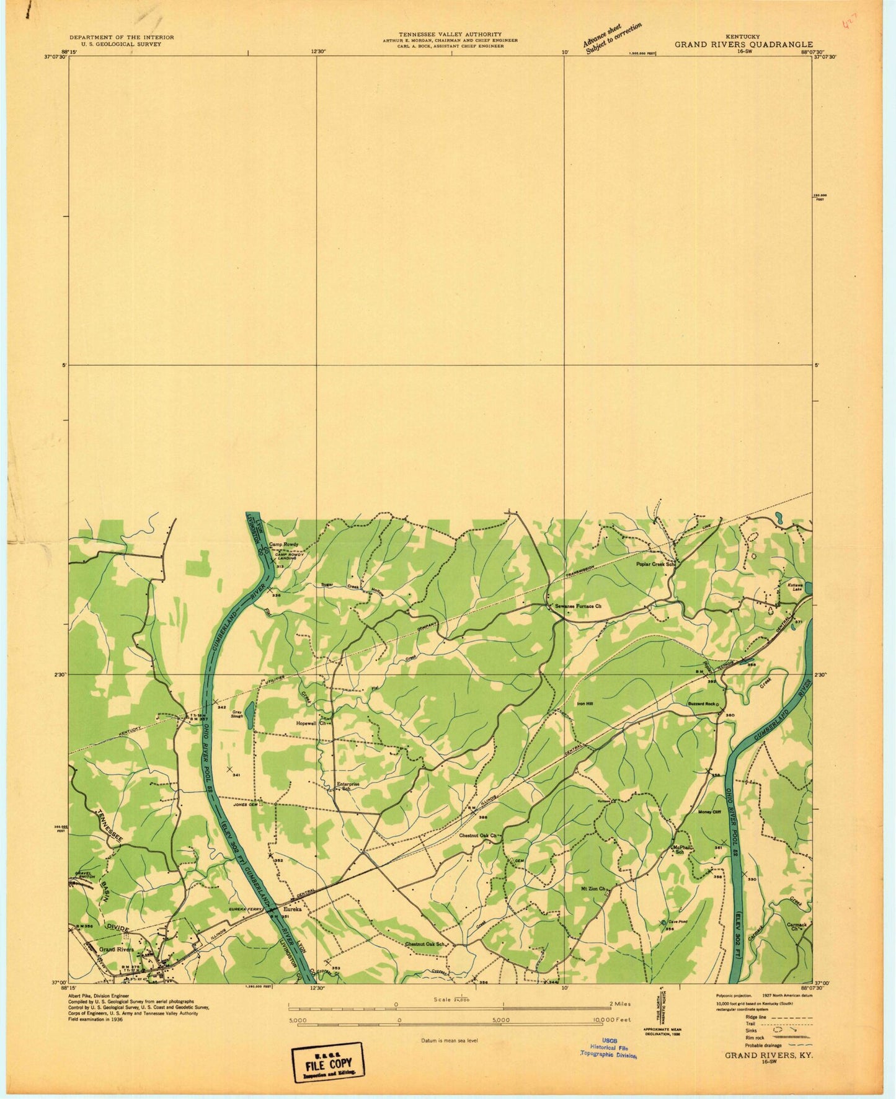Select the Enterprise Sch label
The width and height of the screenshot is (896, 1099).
[348, 787]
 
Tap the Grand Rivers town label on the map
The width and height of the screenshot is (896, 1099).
[117, 950]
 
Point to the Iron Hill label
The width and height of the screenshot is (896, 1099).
[585, 704]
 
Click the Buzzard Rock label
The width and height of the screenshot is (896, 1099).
[701, 704]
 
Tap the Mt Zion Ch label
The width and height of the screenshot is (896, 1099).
[592, 889]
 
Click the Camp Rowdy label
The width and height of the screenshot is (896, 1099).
[283, 544]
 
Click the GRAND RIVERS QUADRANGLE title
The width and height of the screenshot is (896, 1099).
[743, 44]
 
